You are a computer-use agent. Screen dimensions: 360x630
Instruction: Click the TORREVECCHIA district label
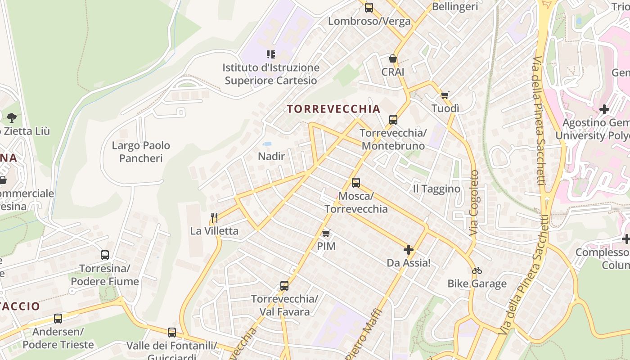click(x=333, y=109)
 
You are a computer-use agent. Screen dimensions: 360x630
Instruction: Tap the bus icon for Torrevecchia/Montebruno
click(x=393, y=120)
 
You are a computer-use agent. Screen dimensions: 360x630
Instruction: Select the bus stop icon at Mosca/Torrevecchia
click(x=356, y=183)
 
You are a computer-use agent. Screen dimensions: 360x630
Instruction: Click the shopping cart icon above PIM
click(x=326, y=233)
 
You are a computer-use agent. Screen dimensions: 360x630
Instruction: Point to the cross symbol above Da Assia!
click(x=409, y=249)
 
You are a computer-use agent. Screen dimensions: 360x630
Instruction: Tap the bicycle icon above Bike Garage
click(x=477, y=270)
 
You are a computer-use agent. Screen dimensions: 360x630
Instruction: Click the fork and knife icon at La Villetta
click(x=214, y=218)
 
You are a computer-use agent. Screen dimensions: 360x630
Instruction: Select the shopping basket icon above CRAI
click(x=393, y=59)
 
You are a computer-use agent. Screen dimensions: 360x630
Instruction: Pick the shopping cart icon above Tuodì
click(x=445, y=95)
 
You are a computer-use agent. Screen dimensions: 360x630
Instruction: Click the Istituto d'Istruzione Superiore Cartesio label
click(x=271, y=74)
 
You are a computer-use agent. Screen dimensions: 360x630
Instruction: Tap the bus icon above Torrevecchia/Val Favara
click(x=284, y=286)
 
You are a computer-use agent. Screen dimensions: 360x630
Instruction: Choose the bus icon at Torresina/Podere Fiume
click(x=105, y=255)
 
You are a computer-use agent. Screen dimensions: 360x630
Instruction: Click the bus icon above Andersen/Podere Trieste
click(x=58, y=319)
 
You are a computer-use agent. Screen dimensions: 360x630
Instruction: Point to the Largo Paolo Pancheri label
click(x=141, y=152)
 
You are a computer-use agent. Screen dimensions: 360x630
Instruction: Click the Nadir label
click(x=271, y=156)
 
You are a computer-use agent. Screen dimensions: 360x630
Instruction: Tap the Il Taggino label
click(x=436, y=189)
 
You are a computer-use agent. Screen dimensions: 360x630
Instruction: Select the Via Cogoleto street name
click(x=474, y=202)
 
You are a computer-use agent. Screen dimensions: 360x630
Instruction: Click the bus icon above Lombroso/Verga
click(x=369, y=8)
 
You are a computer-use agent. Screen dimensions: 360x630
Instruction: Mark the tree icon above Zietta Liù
click(x=12, y=118)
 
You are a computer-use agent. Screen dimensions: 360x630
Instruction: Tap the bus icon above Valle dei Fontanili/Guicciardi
click(x=172, y=333)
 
